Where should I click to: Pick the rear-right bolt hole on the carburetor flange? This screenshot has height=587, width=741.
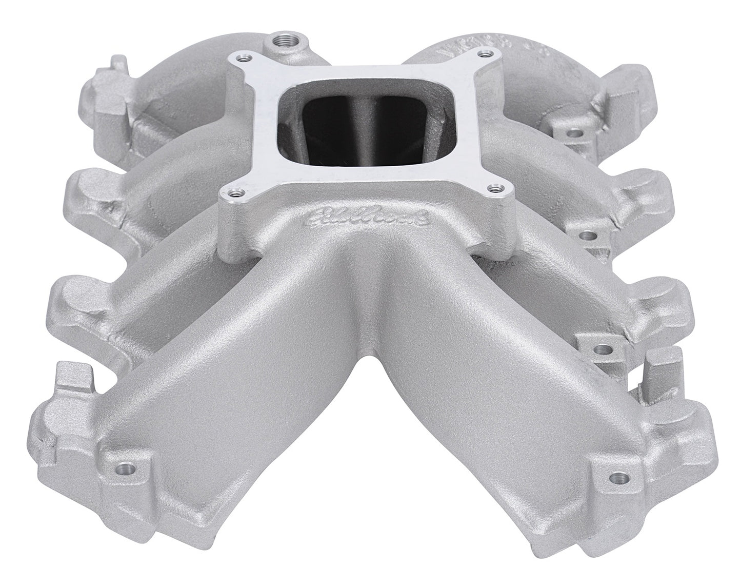(x=483, y=53)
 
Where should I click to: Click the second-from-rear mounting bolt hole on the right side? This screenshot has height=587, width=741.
(x=590, y=236)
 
